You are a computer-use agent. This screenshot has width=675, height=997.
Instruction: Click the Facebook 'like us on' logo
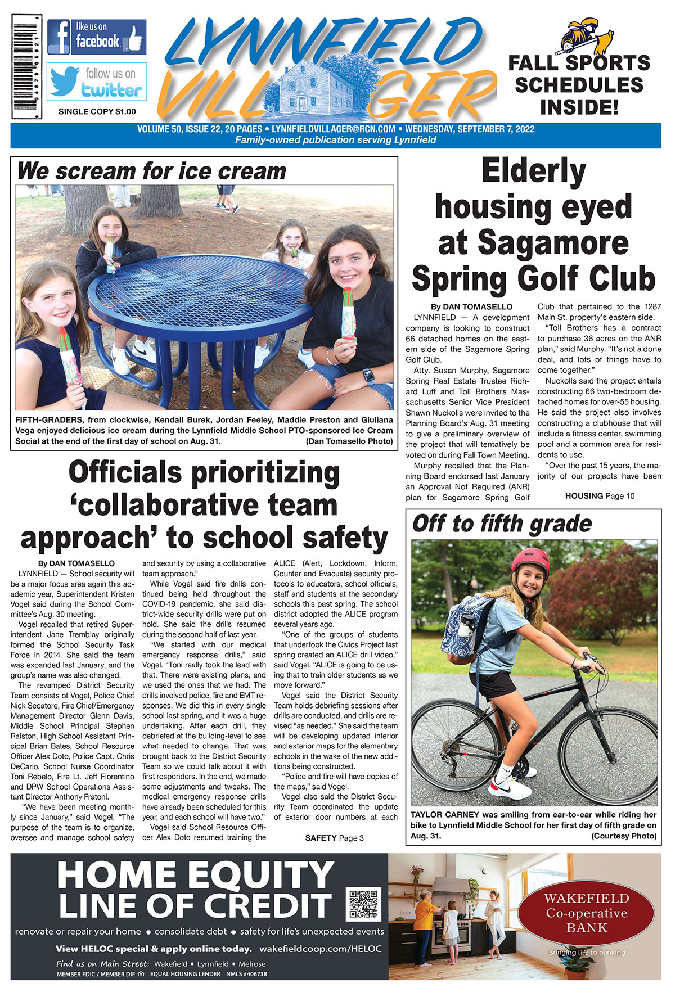[97, 37]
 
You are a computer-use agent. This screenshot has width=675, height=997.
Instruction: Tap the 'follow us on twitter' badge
[97, 82]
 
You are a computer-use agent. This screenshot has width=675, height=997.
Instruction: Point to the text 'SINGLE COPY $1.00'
[97, 112]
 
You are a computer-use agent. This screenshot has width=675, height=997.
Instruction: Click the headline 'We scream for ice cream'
[152, 171]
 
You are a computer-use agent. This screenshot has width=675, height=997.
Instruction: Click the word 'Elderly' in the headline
[533, 172]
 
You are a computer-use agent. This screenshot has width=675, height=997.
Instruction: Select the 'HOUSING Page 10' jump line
[600, 496]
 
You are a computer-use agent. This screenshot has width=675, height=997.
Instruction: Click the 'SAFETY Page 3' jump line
[334, 838]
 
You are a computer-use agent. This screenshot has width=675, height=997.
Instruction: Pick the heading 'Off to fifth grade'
[502, 524]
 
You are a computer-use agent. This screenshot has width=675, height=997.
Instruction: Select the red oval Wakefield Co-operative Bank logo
[586, 913]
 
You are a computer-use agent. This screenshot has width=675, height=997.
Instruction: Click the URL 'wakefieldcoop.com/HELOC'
[320, 949]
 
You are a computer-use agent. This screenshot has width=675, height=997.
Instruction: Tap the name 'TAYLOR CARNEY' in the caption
[444, 814]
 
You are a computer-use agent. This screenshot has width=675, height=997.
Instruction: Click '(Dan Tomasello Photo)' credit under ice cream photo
[349, 441]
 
